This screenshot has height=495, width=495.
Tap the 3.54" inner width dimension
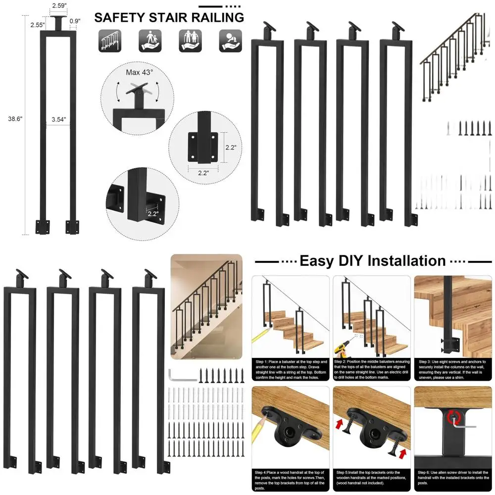point(58,119)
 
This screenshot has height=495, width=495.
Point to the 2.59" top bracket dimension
point(59,6)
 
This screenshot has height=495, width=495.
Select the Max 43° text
point(139,72)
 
